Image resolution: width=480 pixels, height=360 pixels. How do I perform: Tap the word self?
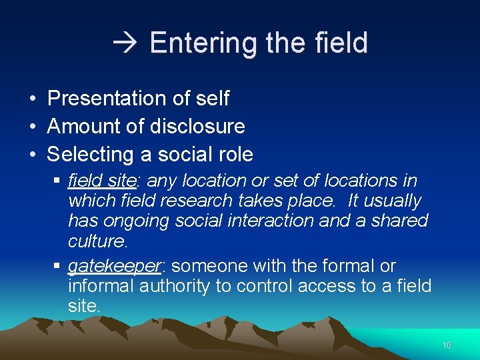212,99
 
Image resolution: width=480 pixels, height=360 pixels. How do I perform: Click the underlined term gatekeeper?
115,267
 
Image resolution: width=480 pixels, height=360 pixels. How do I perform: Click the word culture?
97,240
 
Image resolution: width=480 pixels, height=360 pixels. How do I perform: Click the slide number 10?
447,345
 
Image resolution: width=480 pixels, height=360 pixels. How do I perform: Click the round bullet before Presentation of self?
32,99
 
